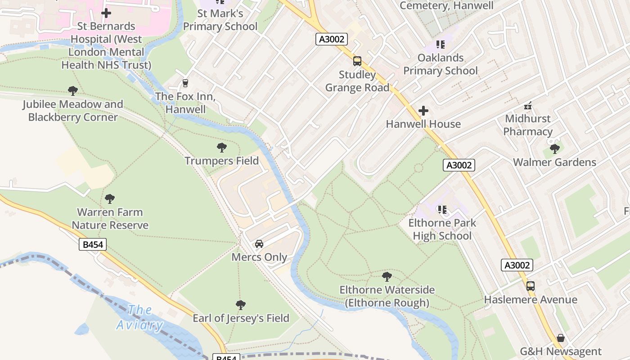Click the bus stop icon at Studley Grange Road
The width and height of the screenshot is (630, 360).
[357, 61]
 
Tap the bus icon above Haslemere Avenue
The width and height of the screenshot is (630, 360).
[531, 286]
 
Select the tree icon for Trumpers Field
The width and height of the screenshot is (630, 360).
[221, 147]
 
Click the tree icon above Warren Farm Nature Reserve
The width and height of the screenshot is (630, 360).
[110, 198]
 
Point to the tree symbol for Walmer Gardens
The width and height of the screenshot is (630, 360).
[554, 148]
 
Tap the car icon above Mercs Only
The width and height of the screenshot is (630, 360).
[259, 244]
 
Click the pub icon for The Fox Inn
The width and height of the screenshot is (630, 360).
[184, 83]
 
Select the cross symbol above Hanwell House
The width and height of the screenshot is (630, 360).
[423, 111]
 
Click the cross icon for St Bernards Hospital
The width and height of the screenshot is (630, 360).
[106, 13]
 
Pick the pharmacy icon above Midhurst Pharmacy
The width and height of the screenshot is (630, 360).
[528, 106]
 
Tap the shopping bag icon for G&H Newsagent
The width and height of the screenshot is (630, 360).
[561, 337]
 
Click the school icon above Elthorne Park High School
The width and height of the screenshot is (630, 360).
[442, 209]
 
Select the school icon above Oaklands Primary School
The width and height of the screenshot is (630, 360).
[440, 45]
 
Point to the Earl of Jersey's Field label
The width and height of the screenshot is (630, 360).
[241, 318]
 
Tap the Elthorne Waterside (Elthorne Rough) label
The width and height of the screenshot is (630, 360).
[387, 296]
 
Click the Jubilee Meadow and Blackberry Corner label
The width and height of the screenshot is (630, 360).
[73, 111]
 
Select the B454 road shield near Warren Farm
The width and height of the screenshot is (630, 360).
[93, 244]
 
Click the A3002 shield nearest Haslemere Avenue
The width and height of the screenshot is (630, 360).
[517, 265]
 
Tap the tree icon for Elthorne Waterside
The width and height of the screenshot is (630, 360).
[387, 276]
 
